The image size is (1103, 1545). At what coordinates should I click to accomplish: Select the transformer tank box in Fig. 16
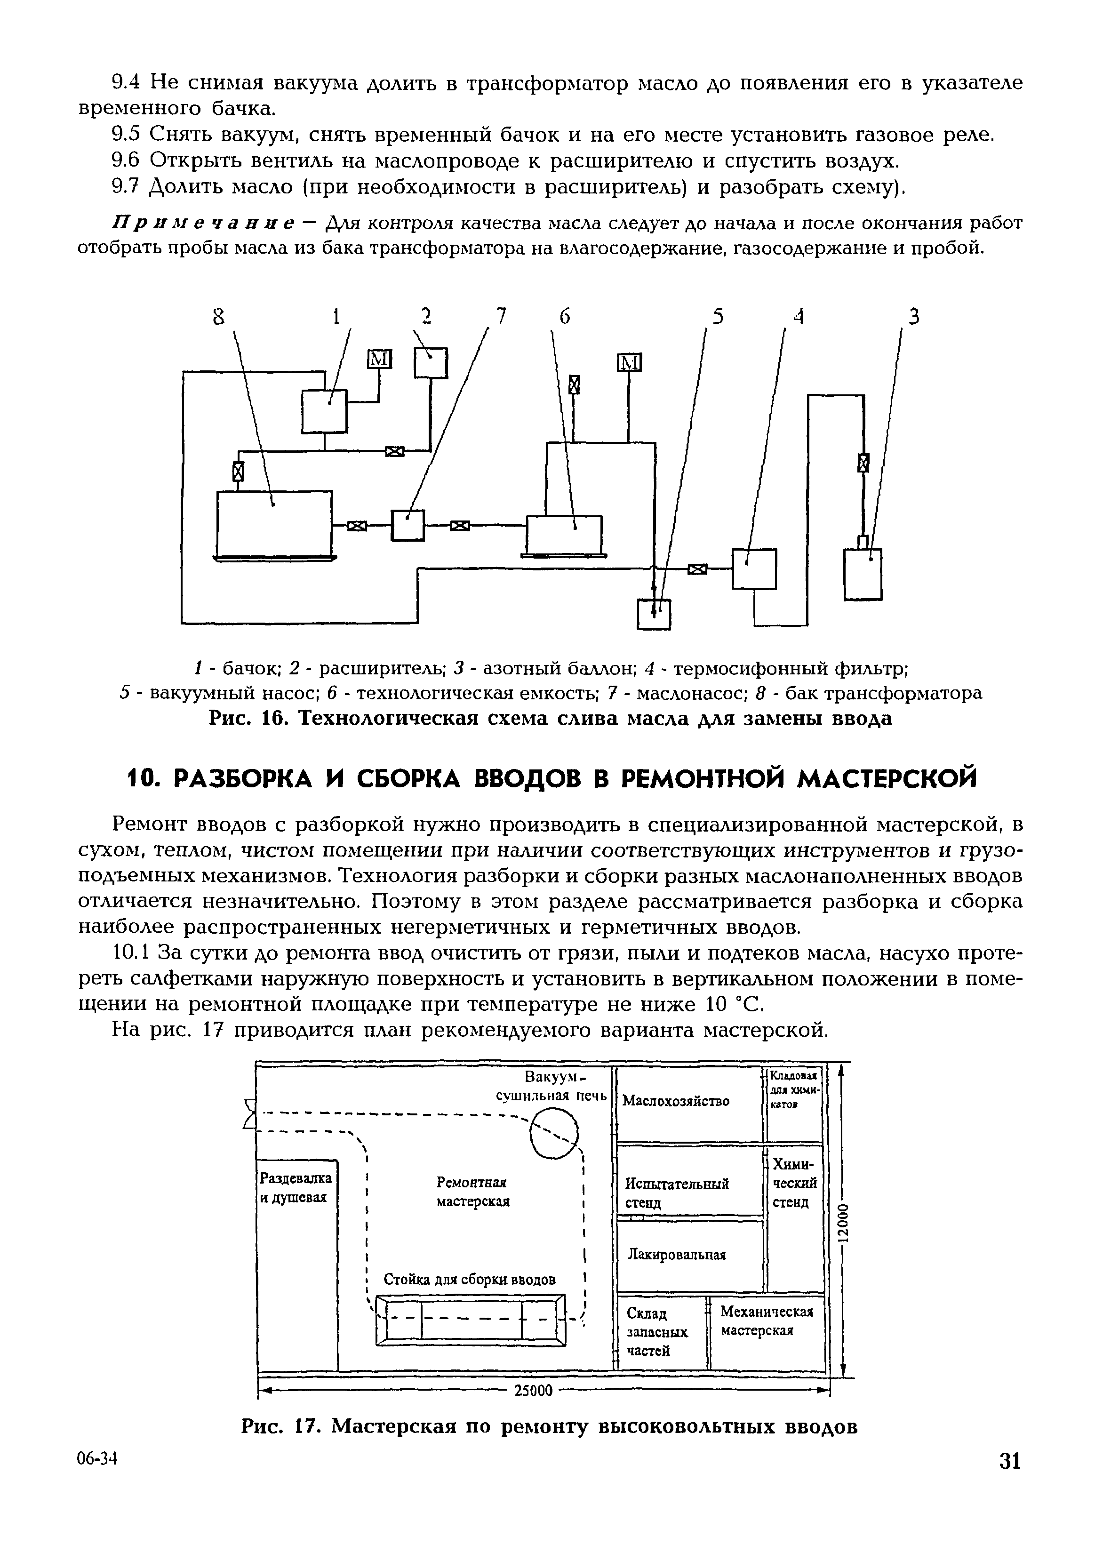(x=274, y=522)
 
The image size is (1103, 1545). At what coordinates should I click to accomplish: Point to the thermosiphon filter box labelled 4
(x=753, y=568)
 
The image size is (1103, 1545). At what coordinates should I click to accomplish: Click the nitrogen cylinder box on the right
(x=863, y=574)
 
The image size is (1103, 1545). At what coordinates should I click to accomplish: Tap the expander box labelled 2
(x=431, y=363)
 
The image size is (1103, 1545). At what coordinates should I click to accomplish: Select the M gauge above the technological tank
(x=629, y=363)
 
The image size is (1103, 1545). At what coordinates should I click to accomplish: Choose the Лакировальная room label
(x=677, y=1254)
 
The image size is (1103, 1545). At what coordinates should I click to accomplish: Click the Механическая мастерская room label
(x=766, y=1320)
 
